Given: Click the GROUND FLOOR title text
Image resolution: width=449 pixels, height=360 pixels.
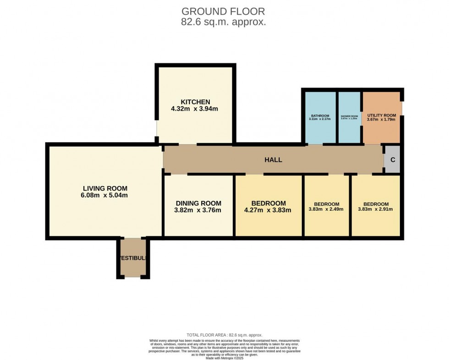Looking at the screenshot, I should pyautogui.click(x=223, y=11).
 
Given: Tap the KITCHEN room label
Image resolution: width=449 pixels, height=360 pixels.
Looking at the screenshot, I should pyautogui.click(x=195, y=102).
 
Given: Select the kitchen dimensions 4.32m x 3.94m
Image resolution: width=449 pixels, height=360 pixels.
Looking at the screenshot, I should pyautogui.click(x=194, y=109).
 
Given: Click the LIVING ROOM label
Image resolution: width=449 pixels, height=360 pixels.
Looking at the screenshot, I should pyautogui.click(x=105, y=188).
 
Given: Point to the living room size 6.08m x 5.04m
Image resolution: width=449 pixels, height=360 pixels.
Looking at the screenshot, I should pyautogui.click(x=105, y=196).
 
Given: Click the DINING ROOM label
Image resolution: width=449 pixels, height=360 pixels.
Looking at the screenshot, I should pyautogui.click(x=199, y=203).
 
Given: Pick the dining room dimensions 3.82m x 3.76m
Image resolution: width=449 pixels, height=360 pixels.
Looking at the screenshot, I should pyautogui.click(x=199, y=211).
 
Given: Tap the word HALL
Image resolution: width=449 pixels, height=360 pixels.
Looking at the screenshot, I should pyautogui.click(x=273, y=160).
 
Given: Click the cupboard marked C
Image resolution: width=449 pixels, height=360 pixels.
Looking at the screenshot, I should pyautogui.click(x=393, y=160).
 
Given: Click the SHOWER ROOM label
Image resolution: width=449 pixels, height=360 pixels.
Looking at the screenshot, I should pyautogui.click(x=349, y=116).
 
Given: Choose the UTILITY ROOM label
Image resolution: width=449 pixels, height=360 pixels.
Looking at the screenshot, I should pyautogui.click(x=381, y=115).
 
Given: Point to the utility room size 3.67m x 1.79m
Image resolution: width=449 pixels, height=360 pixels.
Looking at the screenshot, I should pyautogui.click(x=381, y=120).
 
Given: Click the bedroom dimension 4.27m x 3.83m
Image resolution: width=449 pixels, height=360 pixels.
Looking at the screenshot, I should pyautogui.click(x=268, y=211).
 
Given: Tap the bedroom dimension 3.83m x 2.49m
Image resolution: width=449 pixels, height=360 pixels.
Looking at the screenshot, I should pyautogui.click(x=327, y=210).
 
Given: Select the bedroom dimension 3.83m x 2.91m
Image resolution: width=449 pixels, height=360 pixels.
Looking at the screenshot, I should pyautogui.click(x=376, y=210).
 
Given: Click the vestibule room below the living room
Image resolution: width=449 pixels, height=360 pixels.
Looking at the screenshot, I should pyautogui.click(x=133, y=258).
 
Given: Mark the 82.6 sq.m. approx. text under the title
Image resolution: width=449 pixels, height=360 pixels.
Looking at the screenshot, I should pyautogui.click(x=223, y=22).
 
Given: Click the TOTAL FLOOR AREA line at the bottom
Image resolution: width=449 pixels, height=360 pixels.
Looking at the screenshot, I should pyautogui.click(x=224, y=335).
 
